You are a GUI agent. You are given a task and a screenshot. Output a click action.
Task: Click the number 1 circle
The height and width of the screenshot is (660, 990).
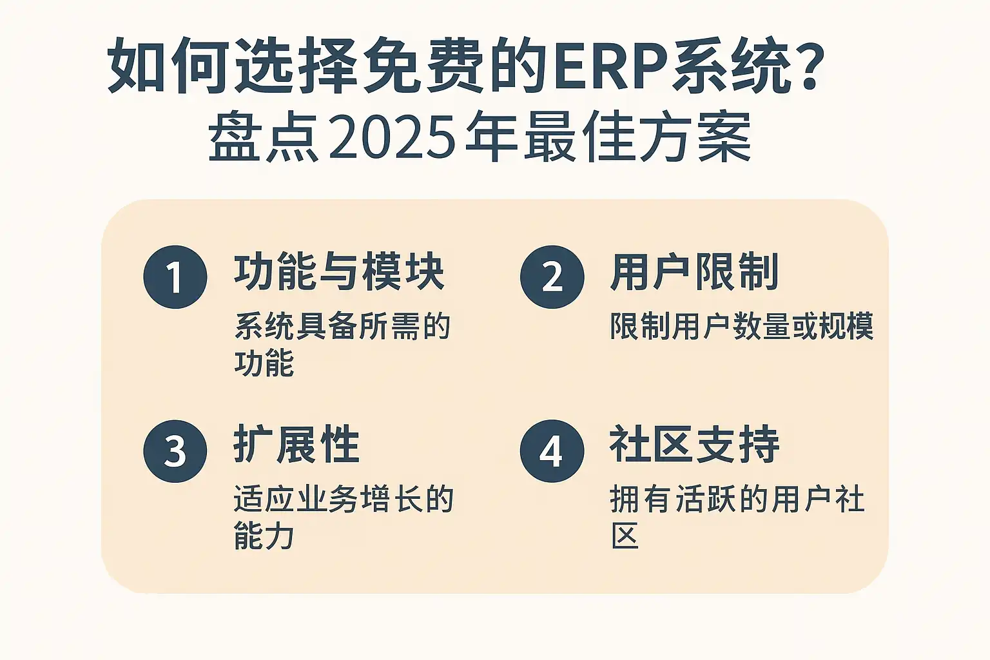click(x=175, y=277)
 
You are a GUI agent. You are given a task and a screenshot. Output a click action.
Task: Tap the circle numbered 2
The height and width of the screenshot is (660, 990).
click(x=552, y=277)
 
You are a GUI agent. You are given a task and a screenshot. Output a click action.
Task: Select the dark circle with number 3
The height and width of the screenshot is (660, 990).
click(x=175, y=451)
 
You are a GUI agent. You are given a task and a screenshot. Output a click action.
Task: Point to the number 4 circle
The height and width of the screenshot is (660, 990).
click(x=552, y=451)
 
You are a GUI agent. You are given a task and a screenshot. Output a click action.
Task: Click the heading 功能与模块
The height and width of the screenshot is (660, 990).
click(x=339, y=272)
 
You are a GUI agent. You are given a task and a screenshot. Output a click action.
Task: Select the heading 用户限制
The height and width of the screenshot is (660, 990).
click(x=694, y=272)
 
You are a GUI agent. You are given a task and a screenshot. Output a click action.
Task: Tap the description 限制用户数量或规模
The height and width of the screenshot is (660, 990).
click(x=742, y=326)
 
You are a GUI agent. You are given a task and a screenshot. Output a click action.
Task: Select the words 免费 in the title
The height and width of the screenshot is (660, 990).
click(x=423, y=66)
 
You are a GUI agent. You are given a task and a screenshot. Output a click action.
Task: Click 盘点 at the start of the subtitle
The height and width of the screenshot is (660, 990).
click(x=264, y=137)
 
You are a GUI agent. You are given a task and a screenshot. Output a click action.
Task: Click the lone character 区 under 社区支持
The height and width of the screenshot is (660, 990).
click(x=625, y=536)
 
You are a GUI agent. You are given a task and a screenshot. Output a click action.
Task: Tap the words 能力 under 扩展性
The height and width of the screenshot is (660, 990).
click(x=264, y=536)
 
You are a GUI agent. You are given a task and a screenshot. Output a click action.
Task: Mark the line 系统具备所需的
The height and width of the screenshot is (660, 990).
click(x=342, y=326)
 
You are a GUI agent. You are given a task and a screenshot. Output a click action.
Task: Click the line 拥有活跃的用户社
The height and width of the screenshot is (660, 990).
click(x=737, y=500)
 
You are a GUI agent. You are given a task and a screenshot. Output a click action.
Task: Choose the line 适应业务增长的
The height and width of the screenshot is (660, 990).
click(x=344, y=500)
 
